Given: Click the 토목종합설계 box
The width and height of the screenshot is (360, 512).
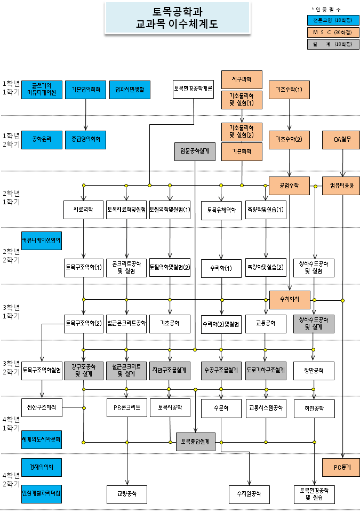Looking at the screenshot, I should click(194, 442).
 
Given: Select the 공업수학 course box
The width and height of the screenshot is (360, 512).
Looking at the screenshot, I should click(289, 186).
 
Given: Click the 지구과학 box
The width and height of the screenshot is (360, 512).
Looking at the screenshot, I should click(242, 79).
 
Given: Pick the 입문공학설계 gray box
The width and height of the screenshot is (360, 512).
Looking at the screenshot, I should click(194, 151).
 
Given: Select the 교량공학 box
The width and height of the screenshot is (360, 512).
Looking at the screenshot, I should click(127, 494).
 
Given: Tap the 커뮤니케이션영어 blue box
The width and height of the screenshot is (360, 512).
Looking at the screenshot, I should click(41, 241).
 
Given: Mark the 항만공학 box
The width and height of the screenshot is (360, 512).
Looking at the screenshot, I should click(314, 370).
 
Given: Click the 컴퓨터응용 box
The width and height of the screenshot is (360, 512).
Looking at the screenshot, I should click(341, 186).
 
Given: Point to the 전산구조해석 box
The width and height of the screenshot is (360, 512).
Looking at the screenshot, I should click(42, 408).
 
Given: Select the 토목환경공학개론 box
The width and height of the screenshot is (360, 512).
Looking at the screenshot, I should click(193, 89).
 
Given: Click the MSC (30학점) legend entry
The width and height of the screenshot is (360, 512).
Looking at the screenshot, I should click(333, 32).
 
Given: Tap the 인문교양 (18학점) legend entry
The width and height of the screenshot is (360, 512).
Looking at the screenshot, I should click(333, 20).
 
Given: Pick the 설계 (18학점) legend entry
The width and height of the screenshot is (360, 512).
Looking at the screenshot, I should click(333, 44).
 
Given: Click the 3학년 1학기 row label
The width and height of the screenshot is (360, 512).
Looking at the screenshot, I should click(11, 311).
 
